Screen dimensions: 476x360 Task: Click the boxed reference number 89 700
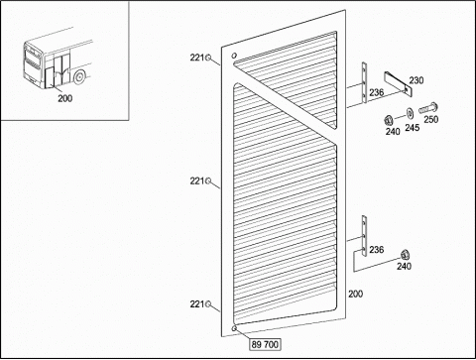pos(265,344)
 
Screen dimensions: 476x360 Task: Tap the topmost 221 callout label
pos(197,58)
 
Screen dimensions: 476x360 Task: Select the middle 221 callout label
pos(197,180)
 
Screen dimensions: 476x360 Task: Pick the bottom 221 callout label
pos(197,303)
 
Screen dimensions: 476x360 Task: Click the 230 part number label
pos(416,80)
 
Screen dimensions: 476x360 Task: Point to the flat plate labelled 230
pos(398,84)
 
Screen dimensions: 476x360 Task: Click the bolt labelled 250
pos(428,108)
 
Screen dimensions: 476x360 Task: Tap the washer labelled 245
pos(410,113)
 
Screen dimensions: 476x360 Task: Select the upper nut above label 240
pos(389,120)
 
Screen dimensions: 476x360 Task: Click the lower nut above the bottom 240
pos(405,255)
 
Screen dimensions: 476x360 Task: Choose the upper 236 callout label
pos(377,92)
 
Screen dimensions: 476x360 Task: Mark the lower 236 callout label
pos(377,250)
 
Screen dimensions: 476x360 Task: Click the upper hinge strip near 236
pos(364,82)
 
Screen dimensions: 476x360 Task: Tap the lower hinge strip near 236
pos(364,236)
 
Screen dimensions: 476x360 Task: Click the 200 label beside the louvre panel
pos(355,294)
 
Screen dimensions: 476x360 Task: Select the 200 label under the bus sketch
pos(65,98)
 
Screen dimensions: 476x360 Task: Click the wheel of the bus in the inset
pos(79,77)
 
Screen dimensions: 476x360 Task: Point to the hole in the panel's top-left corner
pos(234,56)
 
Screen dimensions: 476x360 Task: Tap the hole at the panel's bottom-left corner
pos(234,328)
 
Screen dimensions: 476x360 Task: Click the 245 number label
pos(413,128)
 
